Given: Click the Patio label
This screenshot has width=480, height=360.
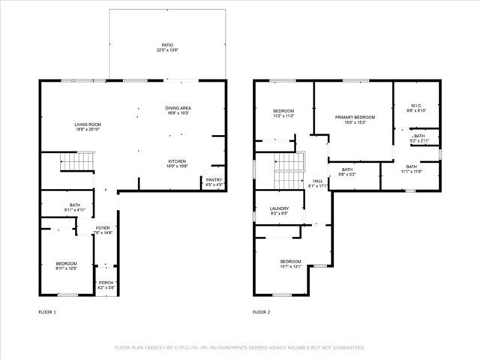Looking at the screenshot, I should [x=167, y=45].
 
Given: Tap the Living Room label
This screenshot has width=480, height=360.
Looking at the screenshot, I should [x=87, y=124].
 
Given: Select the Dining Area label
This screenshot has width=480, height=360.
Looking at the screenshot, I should [x=178, y=109].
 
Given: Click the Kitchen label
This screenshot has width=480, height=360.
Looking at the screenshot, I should [x=178, y=161].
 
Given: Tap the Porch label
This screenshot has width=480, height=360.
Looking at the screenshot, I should [x=105, y=283].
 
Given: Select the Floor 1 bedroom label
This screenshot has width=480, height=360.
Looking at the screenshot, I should [x=66, y=263].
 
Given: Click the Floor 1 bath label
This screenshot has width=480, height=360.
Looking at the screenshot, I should [x=75, y=205].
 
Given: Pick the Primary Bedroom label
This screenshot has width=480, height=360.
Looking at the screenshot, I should [x=355, y=118].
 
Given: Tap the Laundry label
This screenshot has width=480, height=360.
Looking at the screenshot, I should [x=279, y=209].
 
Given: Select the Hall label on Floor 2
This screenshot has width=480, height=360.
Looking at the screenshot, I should [x=317, y=181].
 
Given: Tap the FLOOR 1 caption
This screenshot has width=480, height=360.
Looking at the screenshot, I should [x=46, y=311].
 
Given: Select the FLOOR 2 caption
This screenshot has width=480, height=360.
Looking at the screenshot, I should [x=260, y=311].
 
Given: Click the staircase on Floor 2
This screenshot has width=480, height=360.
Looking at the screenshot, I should [x=289, y=171].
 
